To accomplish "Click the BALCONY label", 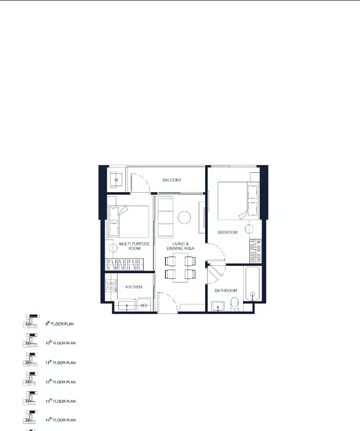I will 172,180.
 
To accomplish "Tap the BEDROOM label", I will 227,232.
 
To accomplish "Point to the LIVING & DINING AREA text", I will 180,245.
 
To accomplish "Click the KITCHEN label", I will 134,287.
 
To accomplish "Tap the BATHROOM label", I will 225,291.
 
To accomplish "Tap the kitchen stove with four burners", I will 110,287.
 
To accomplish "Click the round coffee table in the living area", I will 184,217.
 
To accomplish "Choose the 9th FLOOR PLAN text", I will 60,324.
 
